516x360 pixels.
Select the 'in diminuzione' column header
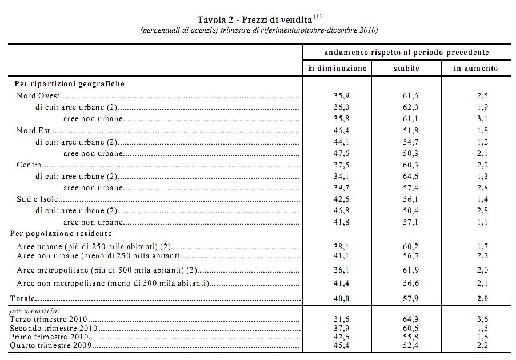tap(337, 68)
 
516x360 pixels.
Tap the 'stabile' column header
tap(406, 68)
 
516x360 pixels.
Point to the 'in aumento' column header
tap(475, 68)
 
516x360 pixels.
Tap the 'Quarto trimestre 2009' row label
tap(50, 345)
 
